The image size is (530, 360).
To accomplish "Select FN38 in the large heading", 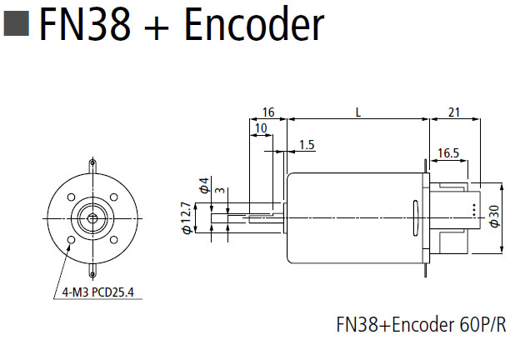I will pyautogui.click(x=86, y=25).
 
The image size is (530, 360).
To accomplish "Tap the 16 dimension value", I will pyautogui.click(x=268, y=112).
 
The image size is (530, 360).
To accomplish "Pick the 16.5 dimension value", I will pyautogui.click(x=447, y=152).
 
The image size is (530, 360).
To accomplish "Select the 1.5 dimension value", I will pyautogui.click(x=306, y=145).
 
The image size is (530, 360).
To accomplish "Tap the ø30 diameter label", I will pyautogui.click(x=494, y=216).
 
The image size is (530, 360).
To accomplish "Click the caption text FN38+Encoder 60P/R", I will pyautogui.click(x=420, y=324).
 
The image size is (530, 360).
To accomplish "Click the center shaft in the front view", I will pyautogui.click(x=92, y=217).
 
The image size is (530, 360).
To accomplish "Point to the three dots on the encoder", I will pyautogui.click(x=473, y=210).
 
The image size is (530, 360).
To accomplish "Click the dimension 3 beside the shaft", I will pyautogui.click(x=218, y=192).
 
